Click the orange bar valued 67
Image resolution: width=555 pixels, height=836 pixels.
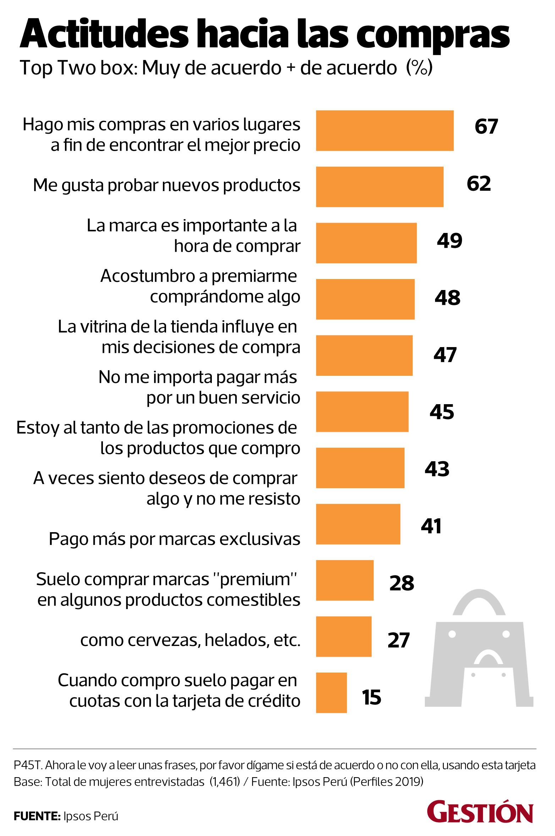[385, 130]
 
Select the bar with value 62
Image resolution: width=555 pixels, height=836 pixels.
[380, 186]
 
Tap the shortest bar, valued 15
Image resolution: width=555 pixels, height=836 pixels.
[331, 692]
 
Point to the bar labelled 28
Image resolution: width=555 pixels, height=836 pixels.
[345, 580]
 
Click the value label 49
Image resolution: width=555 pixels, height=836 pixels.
[449, 241]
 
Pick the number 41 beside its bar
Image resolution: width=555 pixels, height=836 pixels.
[431, 526]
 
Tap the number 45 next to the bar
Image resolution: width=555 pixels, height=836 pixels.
[442, 412]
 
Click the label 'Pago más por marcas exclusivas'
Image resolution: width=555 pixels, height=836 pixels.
[174, 539]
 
